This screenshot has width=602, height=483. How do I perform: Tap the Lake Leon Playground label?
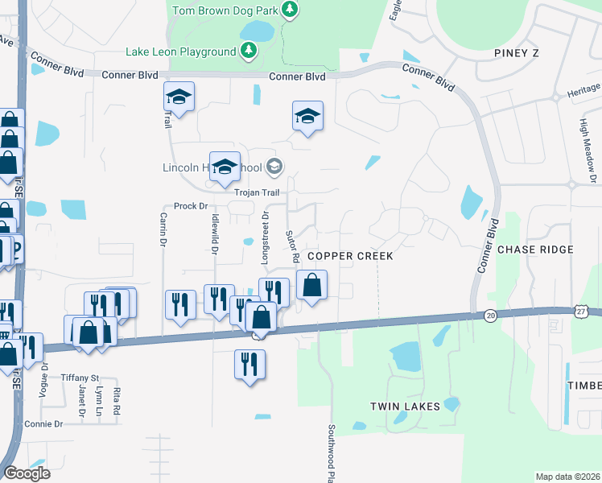(x=180, y=52)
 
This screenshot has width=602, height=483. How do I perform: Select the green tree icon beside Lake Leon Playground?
(x=249, y=52)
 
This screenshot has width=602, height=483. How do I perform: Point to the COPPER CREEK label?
(x=350, y=255)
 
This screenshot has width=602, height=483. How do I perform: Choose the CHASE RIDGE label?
(x=535, y=250)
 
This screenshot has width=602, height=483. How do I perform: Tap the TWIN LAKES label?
(x=405, y=407)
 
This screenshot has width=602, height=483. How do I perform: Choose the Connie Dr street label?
(x=43, y=423)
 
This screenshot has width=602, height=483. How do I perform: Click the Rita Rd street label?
(x=117, y=401)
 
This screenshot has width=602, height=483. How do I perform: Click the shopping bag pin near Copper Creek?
(x=312, y=285)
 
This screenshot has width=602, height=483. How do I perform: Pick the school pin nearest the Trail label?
(x=179, y=98)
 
